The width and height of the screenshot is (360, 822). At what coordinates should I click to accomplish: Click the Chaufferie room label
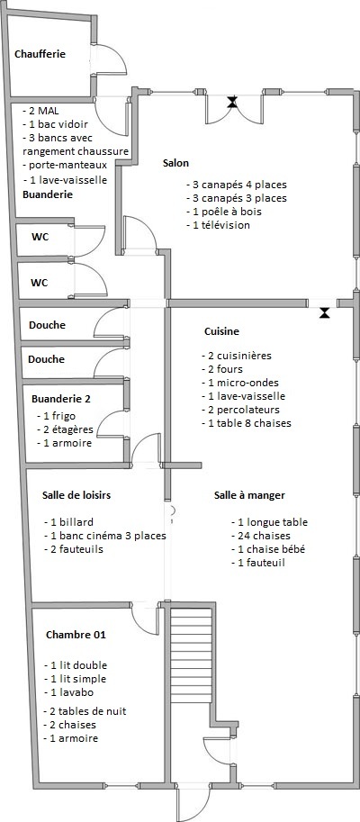tap(40, 54)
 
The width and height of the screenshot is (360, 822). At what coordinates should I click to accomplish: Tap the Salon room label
tap(175, 164)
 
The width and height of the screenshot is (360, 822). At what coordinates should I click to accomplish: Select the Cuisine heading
tap(221, 331)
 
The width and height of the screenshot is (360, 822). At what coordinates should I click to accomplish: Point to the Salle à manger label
tap(249, 495)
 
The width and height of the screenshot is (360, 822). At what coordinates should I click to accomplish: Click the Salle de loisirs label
tap(76, 495)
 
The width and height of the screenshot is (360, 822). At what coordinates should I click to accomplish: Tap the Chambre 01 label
tap(76, 635)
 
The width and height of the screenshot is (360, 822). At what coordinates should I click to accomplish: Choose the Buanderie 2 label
tap(61, 399)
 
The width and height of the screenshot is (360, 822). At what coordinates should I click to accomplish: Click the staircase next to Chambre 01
tap(192, 655)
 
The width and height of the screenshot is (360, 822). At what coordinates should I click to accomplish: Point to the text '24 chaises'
tap(260, 536)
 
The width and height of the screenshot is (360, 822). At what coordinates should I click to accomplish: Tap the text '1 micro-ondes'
tap(240, 383)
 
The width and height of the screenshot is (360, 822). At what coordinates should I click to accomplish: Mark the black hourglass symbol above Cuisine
tap(325, 313)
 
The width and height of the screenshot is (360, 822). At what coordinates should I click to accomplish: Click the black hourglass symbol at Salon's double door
tap(232, 102)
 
